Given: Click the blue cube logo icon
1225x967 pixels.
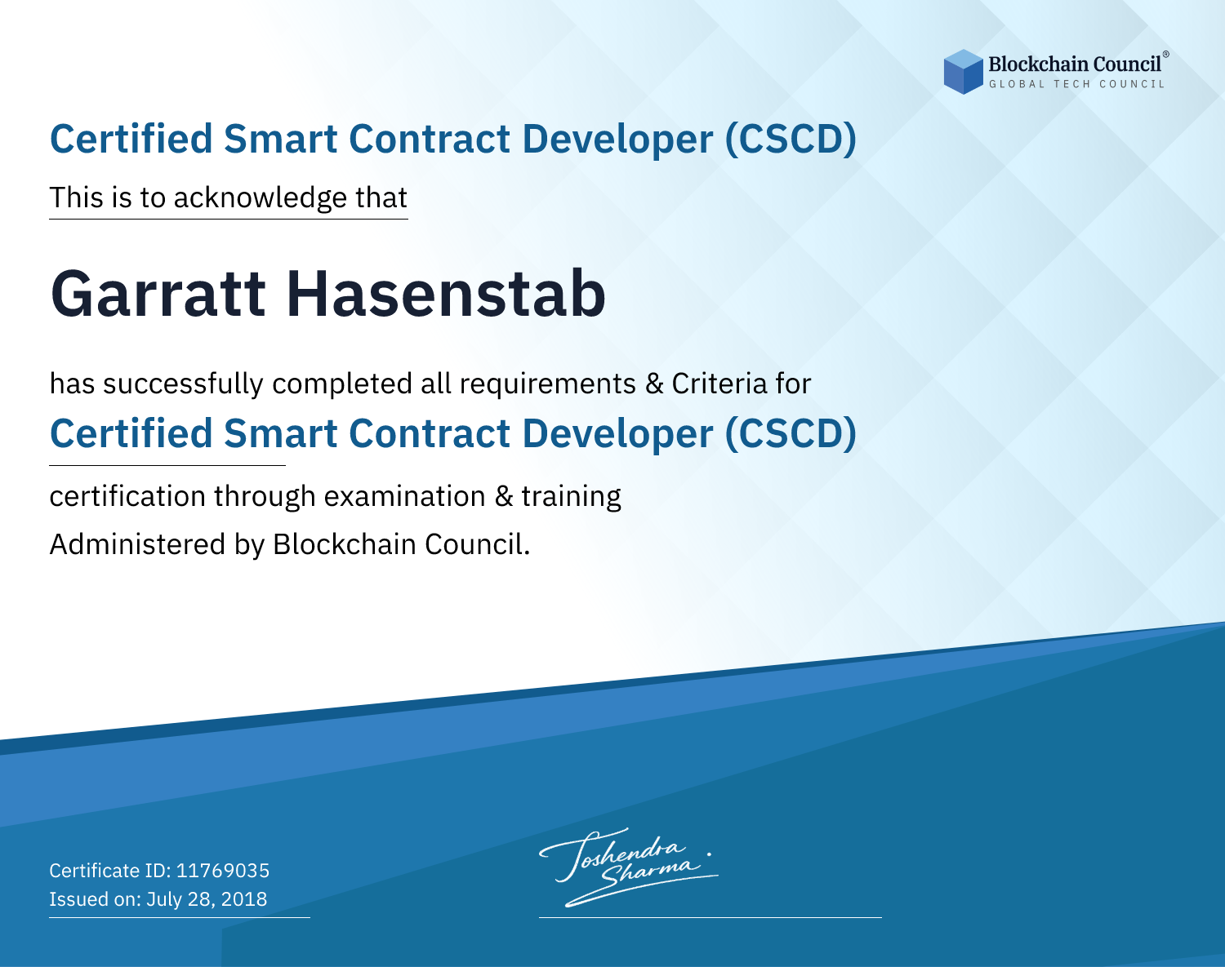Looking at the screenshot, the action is (963, 72).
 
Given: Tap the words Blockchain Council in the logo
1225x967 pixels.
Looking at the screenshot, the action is (1075, 64).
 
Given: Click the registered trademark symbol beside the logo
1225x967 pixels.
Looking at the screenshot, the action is (1165, 54).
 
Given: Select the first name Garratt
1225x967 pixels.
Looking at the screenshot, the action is (158, 294).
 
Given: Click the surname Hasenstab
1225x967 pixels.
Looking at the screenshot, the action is (446, 294).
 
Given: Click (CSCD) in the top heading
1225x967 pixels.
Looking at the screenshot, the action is (791, 140).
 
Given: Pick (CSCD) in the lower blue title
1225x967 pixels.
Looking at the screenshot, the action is (791, 434).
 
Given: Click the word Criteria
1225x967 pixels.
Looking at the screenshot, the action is (719, 384).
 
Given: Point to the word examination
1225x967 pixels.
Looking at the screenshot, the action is (405, 496).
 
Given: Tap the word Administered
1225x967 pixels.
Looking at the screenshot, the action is (138, 544).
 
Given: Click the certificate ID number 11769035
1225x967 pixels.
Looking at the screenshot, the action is (223, 871).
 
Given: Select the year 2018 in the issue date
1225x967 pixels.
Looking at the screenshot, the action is (243, 899).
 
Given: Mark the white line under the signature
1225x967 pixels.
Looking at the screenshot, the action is (710, 917).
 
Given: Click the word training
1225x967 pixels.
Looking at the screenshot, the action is (571, 497).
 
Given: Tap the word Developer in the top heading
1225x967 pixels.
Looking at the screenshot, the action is (617, 140).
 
